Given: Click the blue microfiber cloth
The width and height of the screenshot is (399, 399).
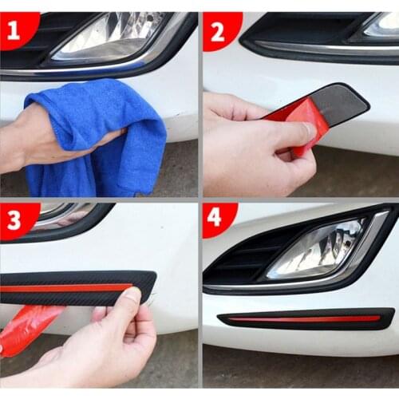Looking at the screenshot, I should (96, 136).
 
